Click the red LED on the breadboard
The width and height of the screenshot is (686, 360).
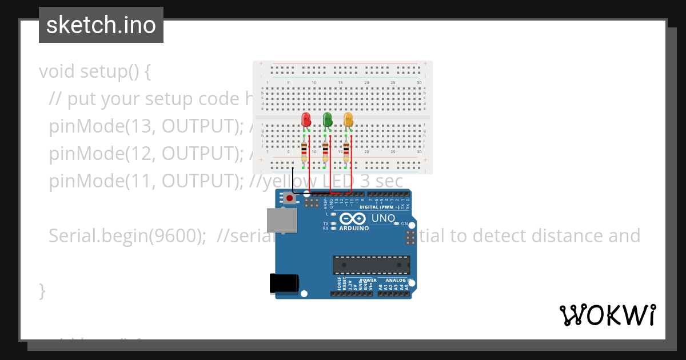click(306, 119)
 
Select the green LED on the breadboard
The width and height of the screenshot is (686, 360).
click(328, 119)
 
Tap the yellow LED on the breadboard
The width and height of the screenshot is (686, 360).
click(348, 119)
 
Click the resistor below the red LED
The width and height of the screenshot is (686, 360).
click(304, 153)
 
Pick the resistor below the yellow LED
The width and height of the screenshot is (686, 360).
click(346, 153)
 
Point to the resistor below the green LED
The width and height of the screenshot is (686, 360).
click(325, 153)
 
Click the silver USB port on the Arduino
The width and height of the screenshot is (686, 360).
click(282, 221)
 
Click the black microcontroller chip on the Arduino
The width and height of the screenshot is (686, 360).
click(372, 265)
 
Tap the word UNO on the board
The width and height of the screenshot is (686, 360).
click(383, 218)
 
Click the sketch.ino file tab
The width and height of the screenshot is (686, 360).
click(101, 25)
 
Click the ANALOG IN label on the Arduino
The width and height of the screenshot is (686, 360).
click(398, 281)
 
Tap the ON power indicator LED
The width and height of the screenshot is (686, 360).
click(397, 223)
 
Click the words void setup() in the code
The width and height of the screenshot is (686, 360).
click(95, 71)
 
